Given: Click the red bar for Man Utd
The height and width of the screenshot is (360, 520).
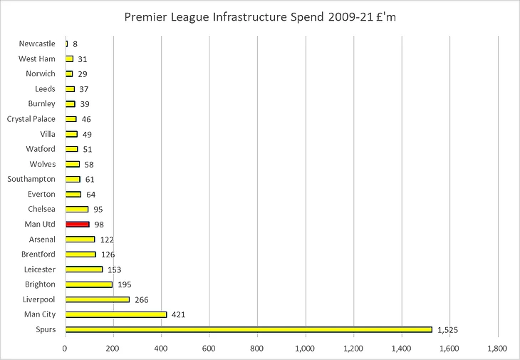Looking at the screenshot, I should (x=77, y=224).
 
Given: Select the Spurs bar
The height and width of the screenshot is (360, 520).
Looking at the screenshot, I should (x=249, y=329).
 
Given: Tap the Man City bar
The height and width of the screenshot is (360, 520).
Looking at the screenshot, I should (x=115, y=314).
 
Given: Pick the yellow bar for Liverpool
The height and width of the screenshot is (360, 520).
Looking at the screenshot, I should (x=97, y=299).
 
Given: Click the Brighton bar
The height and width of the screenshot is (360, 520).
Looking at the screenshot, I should (x=88, y=284).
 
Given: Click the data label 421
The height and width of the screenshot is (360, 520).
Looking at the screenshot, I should (x=180, y=314).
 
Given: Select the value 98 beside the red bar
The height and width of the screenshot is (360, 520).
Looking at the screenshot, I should (x=99, y=225).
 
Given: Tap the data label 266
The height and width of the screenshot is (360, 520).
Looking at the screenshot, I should (x=142, y=299).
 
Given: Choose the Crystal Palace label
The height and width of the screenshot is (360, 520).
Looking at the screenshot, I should (x=31, y=119).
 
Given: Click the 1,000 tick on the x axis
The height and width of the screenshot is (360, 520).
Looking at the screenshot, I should (x=306, y=349).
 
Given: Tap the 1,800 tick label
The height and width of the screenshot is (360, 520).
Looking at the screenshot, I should (x=497, y=349).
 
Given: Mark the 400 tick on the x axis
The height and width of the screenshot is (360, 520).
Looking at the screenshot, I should (x=161, y=349).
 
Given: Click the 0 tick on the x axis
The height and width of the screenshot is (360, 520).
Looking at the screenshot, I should (x=65, y=349).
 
